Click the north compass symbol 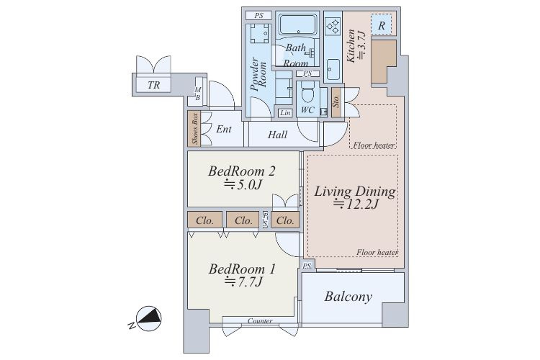pyautogui.click(x=148, y=319)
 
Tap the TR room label pyautogui.click(x=153, y=85)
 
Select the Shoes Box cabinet pyautogui.click(x=194, y=128)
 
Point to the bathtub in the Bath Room pyautogui.click(x=297, y=24)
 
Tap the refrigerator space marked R pyautogui.click(x=381, y=24)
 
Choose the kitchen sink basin pyautogui.click(x=333, y=69)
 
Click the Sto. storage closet pyautogui.click(x=336, y=102)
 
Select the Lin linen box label pyautogui.click(x=285, y=112)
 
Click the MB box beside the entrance pyautogui.click(x=198, y=94)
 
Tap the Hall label pyautogui.click(x=278, y=135)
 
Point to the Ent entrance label pyautogui.click(x=224, y=129)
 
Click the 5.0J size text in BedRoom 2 pyautogui.click(x=243, y=185)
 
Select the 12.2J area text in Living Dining pyautogui.click(x=356, y=204)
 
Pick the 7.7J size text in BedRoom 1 pyautogui.click(x=243, y=282)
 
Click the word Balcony pyautogui.click(x=348, y=297)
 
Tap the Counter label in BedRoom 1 pyautogui.click(x=260, y=320)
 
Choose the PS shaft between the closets pyautogui.click(x=265, y=219)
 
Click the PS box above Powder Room pyautogui.click(x=258, y=16)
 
